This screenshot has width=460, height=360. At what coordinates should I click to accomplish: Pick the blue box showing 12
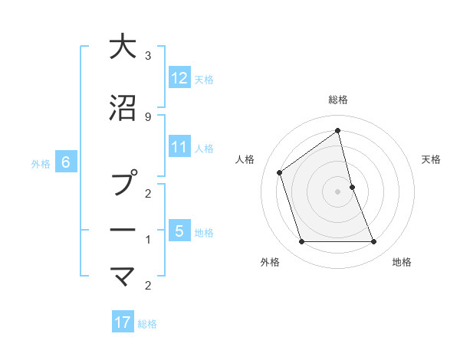(179, 78)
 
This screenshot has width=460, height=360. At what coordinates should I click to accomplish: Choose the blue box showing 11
(179, 147)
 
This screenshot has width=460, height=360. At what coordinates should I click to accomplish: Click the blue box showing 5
(179, 231)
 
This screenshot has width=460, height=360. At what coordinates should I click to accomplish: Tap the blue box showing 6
(66, 162)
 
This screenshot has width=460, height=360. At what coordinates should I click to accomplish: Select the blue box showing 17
(123, 322)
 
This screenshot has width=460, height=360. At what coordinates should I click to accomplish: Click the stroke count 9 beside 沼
(147, 116)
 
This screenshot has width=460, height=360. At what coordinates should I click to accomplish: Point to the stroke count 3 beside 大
(147, 56)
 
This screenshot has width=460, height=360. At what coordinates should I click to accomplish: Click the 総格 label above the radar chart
(338, 100)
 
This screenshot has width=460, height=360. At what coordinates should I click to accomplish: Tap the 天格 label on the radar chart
(431, 159)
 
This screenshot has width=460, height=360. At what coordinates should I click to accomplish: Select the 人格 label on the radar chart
(245, 159)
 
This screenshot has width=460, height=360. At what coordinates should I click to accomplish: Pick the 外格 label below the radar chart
(270, 262)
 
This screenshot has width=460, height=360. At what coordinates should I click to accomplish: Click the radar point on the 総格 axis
(338, 130)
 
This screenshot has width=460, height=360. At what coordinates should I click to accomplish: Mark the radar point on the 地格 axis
(374, 242)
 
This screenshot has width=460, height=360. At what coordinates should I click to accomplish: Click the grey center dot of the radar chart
(338, 191)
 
